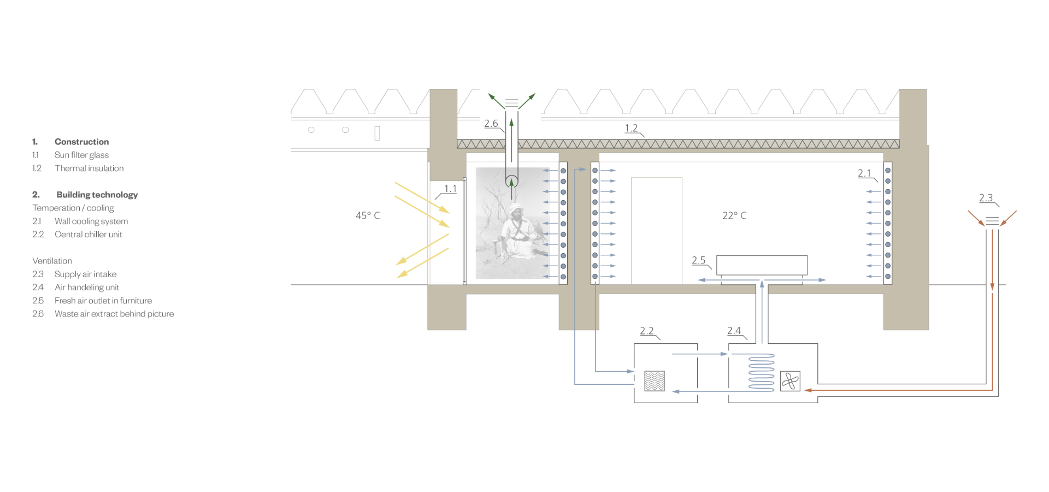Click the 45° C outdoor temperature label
368,215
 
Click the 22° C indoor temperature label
734,215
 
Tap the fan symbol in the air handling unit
790,381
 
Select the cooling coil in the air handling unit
761,373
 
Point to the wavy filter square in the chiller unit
655,381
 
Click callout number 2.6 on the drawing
491,124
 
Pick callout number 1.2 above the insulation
631,128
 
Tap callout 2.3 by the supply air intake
986,198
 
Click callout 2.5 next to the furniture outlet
699,260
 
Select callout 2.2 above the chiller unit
647,331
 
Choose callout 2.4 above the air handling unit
734,331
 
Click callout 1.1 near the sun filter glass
450,189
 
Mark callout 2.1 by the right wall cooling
864,173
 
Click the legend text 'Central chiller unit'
89,235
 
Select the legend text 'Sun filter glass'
81,155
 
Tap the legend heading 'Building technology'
97,195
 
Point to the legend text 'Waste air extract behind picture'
114,314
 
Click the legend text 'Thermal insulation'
89,168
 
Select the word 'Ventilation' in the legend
52,261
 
